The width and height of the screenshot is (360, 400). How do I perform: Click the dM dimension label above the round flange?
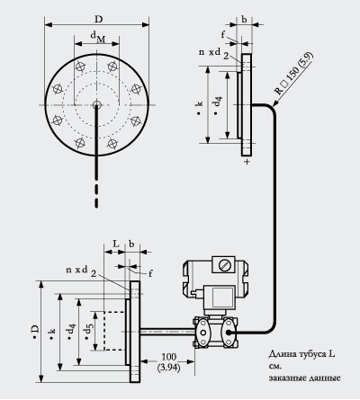(98, 37)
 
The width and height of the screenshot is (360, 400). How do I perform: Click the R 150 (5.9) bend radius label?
(294, 73)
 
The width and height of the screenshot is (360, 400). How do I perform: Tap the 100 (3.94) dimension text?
(168, 362)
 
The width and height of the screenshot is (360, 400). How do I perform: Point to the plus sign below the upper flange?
(247, 162)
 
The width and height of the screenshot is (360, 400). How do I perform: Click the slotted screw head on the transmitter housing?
(223, 264)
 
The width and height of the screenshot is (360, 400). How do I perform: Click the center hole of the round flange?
(96, 104)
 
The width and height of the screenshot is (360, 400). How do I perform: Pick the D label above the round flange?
(98, 19)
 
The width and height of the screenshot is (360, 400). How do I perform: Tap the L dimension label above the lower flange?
(116, 244)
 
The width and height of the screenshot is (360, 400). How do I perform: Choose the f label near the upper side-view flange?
(223, 35)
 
